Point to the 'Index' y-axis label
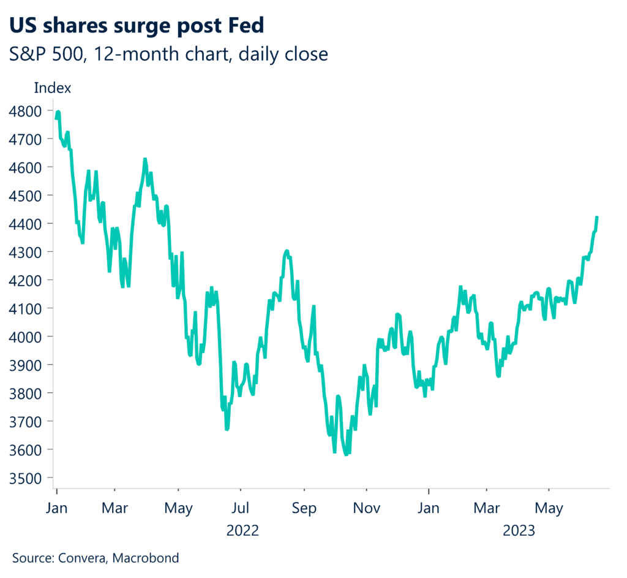(53, 88)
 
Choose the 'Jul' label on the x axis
(241, 508)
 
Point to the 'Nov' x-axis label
(366, 508)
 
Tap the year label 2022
(242, 530)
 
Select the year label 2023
(519, 530)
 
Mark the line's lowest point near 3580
(347, 454)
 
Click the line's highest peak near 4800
(58, 112)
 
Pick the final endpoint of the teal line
(597, 216)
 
